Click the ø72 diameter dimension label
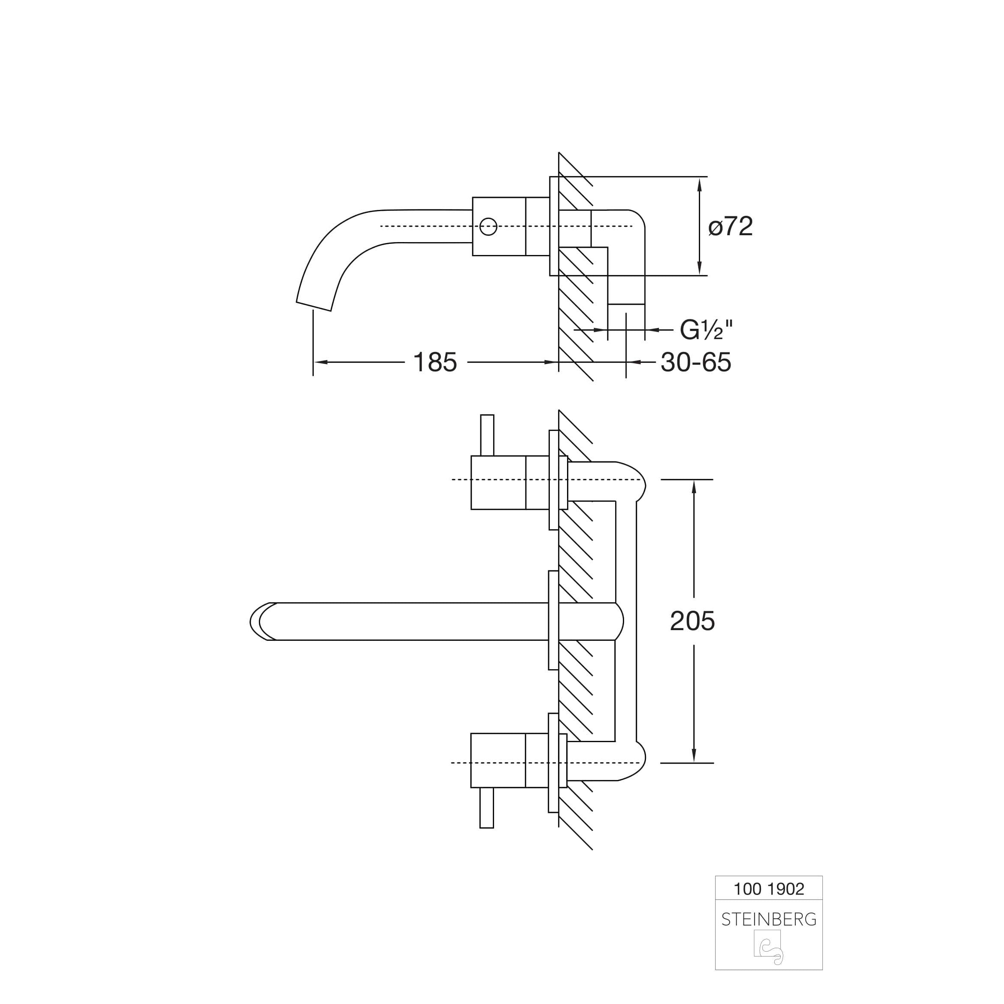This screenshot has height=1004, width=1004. coord(730,227)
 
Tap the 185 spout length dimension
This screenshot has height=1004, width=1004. coord(435,362)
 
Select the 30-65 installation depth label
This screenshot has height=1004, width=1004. coord(696,362)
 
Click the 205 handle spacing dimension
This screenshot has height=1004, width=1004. coord(692,621)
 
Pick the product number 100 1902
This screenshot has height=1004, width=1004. coord(769,903)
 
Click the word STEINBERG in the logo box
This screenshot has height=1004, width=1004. coord(769,934)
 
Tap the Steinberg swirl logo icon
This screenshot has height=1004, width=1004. coord(769,962)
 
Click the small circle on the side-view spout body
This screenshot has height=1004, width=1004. coord(488,227)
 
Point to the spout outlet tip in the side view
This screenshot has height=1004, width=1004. coord(313,306)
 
